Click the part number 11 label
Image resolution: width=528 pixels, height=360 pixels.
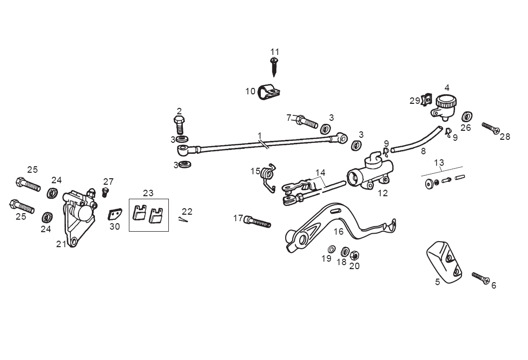(275, 52)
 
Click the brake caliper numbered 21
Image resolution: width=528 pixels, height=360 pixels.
(78, 215)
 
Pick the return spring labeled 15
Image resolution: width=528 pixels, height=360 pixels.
(269, 176)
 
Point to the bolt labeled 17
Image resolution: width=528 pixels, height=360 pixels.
(258, 221)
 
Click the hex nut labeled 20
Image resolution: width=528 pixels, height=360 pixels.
(354, 255)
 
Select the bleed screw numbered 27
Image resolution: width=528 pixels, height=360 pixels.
(105, 191)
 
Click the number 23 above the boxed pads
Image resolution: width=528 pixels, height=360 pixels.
(148, 193)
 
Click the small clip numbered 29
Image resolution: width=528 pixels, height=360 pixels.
(426, 100)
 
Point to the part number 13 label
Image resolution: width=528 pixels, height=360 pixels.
(439, 162)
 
